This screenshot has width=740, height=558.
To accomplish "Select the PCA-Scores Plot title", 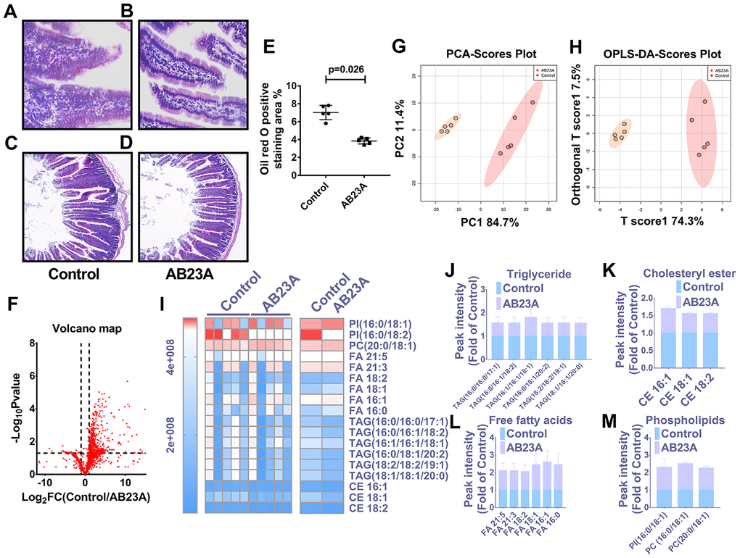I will pos(474,54).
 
